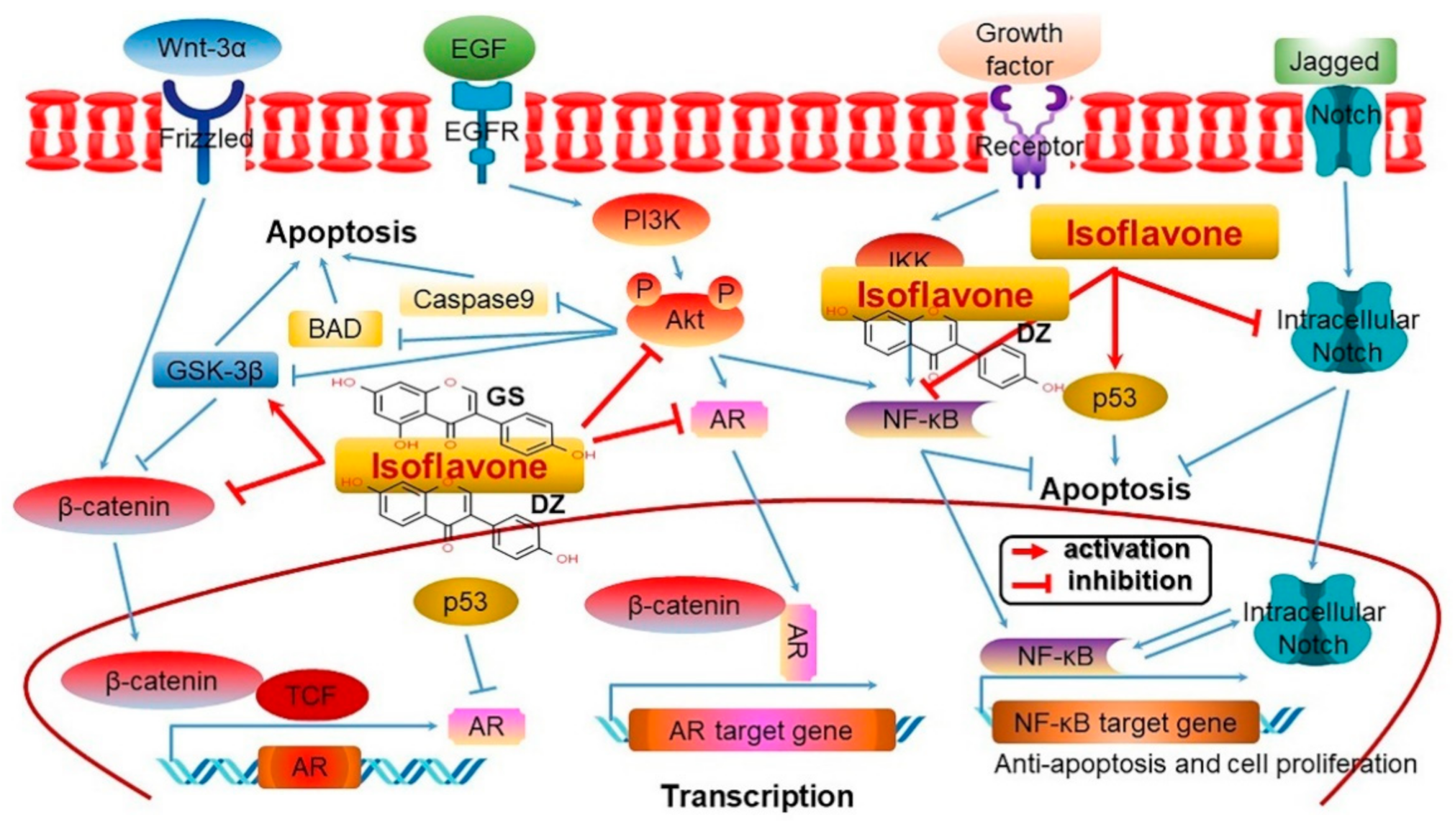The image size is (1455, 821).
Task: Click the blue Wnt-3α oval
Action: [x=202, y=47]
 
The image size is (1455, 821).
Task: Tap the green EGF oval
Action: [x=479, y=48]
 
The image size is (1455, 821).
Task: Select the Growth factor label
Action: [x=1018, y=49]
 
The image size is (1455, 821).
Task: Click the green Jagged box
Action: [x=1335, y=61]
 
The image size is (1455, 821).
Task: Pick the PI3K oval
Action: [x=651, y=219]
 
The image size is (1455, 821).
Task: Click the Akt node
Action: [x=684, y=319]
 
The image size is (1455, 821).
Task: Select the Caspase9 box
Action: [x=473, y=299]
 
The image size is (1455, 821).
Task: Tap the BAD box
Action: [x=335, y=329]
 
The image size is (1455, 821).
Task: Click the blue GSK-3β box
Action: [x=215, y=370]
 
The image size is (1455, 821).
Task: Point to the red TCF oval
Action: [x=312, y=695]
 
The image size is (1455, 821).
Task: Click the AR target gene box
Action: [x=761, y=730]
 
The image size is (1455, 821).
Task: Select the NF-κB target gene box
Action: [x=1125, y=722]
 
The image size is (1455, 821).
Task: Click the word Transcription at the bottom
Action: [x=757, y=796]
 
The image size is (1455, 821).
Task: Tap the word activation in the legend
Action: [x=1126, y=549]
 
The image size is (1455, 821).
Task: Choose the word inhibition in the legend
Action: [x=1129, y=581]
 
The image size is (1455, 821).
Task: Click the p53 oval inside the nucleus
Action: [x=465, y=602]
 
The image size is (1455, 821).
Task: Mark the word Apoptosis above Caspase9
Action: [x=341, y=232]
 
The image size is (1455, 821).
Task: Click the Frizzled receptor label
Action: [x=206, y=137]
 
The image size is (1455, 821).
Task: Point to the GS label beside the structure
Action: [x=505, y=396]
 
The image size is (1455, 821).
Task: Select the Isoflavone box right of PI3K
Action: [x=1153, y=233]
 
